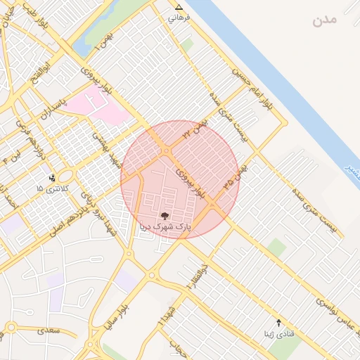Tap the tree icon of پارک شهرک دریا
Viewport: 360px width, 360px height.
(165, 216)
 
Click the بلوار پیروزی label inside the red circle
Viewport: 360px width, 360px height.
(190, 183)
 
